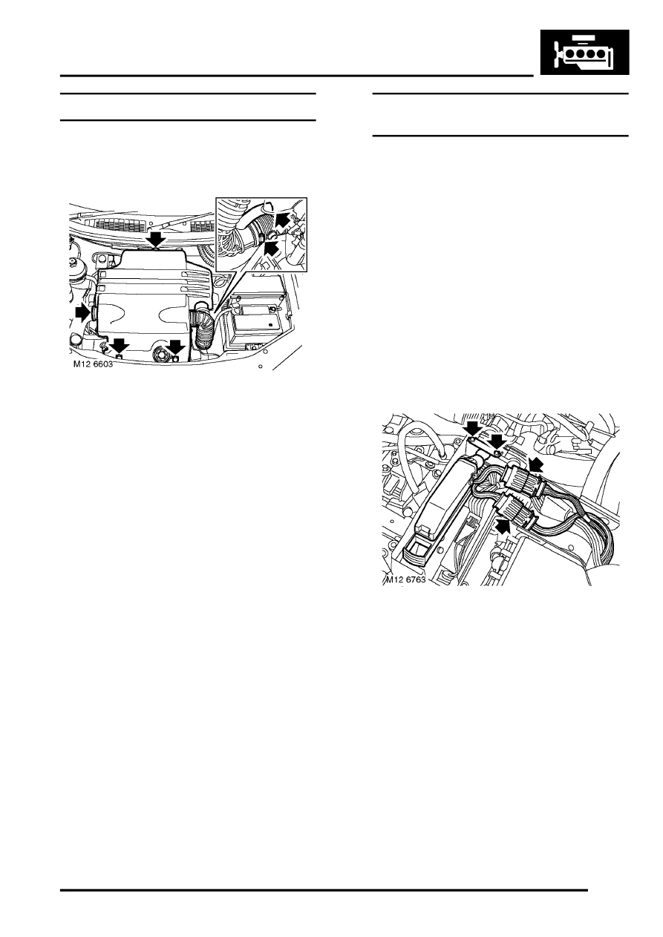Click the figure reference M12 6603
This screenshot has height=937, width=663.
tap(93, 364)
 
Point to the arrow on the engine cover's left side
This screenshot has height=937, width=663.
tap(83, 313)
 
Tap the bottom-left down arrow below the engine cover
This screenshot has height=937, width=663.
tap(120, 346)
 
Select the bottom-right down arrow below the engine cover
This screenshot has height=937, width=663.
tap(175, 346)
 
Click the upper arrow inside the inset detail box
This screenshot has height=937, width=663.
tap(283, 219)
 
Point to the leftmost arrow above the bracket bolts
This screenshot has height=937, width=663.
tap(474, 430)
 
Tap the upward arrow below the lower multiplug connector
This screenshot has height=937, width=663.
tap(504, 526)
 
